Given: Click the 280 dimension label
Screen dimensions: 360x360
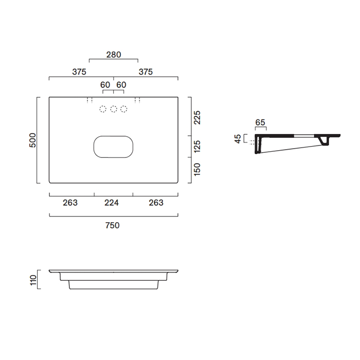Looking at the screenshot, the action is (x=114, y=55).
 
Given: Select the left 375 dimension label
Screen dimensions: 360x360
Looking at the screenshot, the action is (x=79, y=72).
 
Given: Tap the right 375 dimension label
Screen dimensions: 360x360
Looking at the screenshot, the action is (x=146, y=72).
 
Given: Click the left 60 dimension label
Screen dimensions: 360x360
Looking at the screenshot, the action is (x=105, y=85).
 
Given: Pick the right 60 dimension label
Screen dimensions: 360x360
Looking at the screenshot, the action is (x=121, y=85).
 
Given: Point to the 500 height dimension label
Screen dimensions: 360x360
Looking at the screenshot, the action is (x=32, y=140).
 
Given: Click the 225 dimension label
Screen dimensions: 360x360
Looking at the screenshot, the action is (x=197, y=118).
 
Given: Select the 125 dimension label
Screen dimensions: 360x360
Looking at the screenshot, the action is (x=197, y=147).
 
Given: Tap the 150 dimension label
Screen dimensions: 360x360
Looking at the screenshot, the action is (x=197, y=169).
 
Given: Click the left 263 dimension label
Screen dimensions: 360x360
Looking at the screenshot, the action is (x=70, y=203).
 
